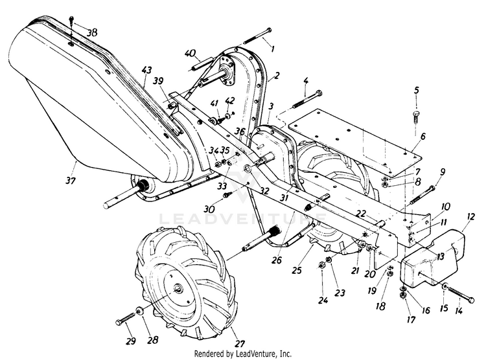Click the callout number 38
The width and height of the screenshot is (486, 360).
pos(92,32)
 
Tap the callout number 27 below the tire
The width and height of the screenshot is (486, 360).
pos(240,344)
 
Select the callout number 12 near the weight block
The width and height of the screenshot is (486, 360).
pos(471,216)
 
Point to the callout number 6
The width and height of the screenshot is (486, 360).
pos(423,136)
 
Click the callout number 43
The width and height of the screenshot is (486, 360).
pos(146,70)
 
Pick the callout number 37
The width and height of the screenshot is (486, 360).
pos(71,180)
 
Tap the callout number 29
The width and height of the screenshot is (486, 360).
pos(131,341)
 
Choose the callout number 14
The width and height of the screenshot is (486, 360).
pos(459,310)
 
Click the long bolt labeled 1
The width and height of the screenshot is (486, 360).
pos(258,36)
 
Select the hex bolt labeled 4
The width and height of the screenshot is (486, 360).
pos(307,100)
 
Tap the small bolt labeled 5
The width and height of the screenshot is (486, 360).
pos(416,117)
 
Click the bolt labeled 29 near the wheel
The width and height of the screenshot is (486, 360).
pos(125,319)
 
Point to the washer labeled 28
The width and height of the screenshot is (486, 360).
pos(139,310)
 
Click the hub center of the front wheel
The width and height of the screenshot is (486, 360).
pos(179,288)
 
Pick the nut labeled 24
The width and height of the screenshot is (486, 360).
pos(321,265)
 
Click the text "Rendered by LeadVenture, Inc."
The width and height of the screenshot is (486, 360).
pos(243,354)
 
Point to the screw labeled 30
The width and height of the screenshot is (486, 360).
pos(227,195)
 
